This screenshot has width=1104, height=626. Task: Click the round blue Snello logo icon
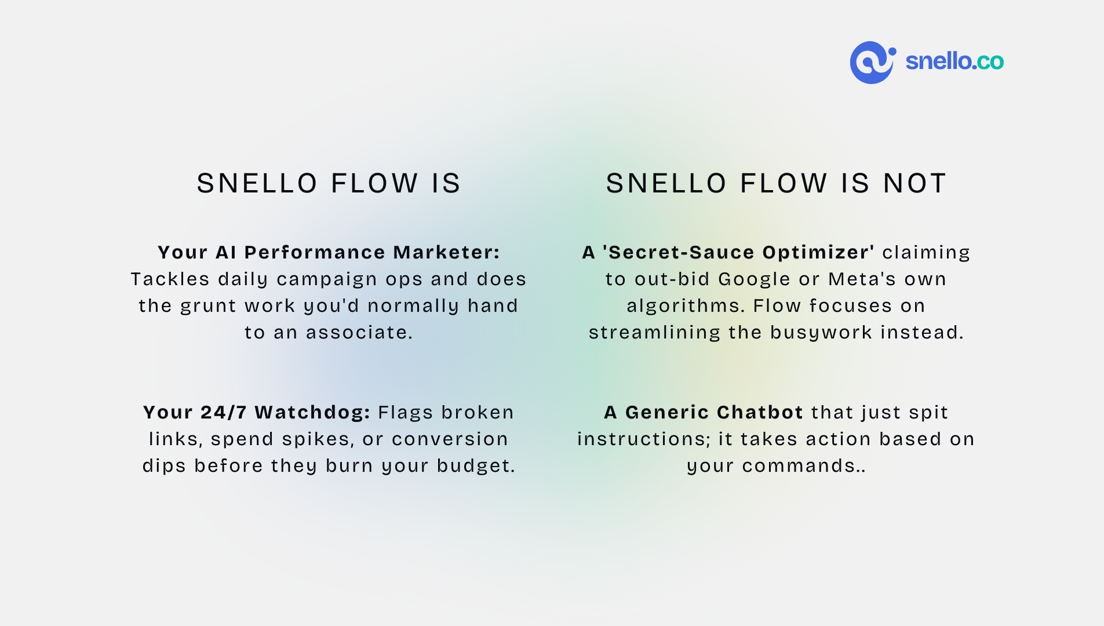pyautogui.click(x=873, y=63)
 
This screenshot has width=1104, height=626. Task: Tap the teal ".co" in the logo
pyautogui.click(x=989, y=61)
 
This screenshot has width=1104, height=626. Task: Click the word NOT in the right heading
pyautogui.click(x=915, y=183)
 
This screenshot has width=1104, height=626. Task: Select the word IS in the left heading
pyautogui.click(x=446, y=183)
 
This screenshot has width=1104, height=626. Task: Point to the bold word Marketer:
pyautogui.click(x=446, y=252)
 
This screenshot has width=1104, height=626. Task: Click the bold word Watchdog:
pyautogui.click(x=312, y=412)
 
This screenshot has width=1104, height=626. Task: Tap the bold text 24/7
pyautogui.click(x=224, y=412)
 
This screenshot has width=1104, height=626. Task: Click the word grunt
pyautogui.click(x=208, y=306)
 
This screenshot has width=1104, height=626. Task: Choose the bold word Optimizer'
pyautogui.click(x=818, y=252)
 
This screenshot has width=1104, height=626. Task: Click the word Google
pyautogui.click(x=755, y=279)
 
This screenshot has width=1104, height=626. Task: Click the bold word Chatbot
pyautogui.click(x=760, y=412)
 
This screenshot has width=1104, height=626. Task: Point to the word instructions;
pyautogui.click(x=644, y=439)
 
